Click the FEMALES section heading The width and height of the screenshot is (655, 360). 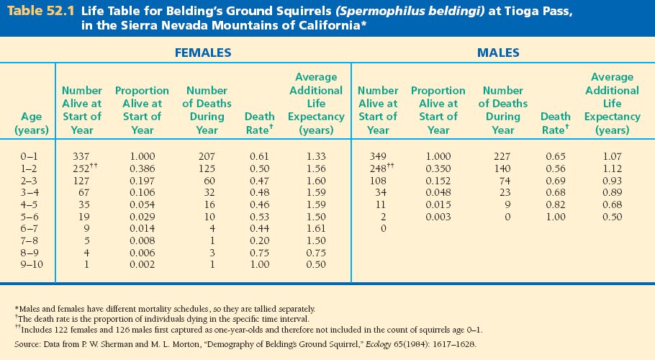pyautogui.click(x=204, y=53)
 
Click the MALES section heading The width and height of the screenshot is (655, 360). pyautogui.click(x=498, y=53)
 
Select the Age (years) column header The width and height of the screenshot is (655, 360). pyautogui.click(x=32, y=123)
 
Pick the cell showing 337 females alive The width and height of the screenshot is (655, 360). pyautogui.click(x=81, y=156)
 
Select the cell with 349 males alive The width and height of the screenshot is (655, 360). pyautogui.click(x=377, y=156)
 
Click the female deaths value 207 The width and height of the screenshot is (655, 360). pyautogui.click(x=207, y=156)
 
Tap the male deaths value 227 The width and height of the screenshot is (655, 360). pyautogui.click(x=502, y=156)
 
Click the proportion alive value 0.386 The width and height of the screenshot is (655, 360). pyautogui.click(x=142, y=168)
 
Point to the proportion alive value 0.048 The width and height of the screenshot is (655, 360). pyautogui.click(x=438, y=192)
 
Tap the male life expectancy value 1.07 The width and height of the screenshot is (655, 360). pyautogui.click(x=612, y=156)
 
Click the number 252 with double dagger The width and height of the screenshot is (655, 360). pyautogui.click(x=81, y=168)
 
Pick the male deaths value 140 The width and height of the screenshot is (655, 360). pyautogui.click(x=502, y=168)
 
